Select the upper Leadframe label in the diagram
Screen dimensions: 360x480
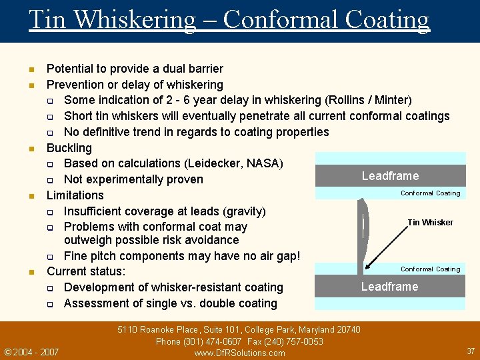click(x=390, y=176)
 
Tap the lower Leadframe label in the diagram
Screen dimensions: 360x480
click(x=390, y=287)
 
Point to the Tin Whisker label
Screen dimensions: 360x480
click(x=430, y=223)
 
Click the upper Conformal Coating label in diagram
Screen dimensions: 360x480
click(x=430, y=193)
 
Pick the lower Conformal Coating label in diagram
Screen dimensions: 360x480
click(x=430, y=269)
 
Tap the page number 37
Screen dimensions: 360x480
click(x=471, y=351)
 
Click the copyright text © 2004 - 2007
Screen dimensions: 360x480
click(x=31, y=352)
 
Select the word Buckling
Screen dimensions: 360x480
click(x=69, y=147)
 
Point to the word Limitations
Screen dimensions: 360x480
click(x=75, y=195)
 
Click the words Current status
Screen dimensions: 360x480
click(x=86, y=271)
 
